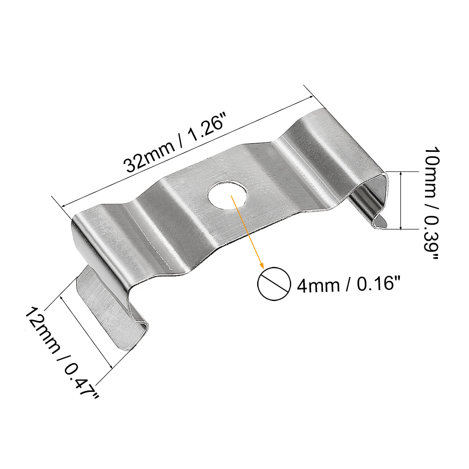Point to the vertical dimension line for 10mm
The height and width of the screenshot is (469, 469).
point(402,200)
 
